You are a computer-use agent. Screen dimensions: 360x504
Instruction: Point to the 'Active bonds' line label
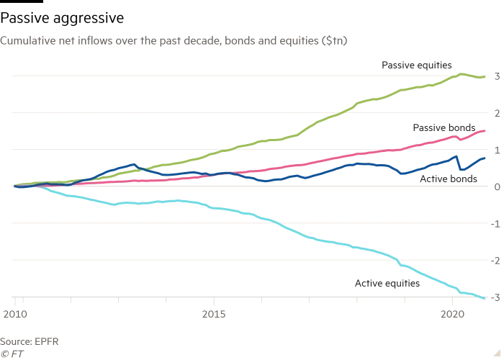click(449, 178)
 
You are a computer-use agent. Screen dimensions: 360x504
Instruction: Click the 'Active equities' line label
click(387, 284)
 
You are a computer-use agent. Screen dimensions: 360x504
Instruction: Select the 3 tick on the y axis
click(495, 76)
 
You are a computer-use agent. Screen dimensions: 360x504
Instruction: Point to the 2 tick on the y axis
click(495, 112)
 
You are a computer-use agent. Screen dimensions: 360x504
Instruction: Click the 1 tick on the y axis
click(495, 149)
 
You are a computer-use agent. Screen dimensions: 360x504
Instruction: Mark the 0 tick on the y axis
click(495, 186)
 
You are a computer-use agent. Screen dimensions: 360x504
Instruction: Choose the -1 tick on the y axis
click(493, 223)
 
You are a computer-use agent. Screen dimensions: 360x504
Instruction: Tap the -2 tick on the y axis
click(493, 260)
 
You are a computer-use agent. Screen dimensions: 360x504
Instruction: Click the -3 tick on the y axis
click(493, 297)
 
